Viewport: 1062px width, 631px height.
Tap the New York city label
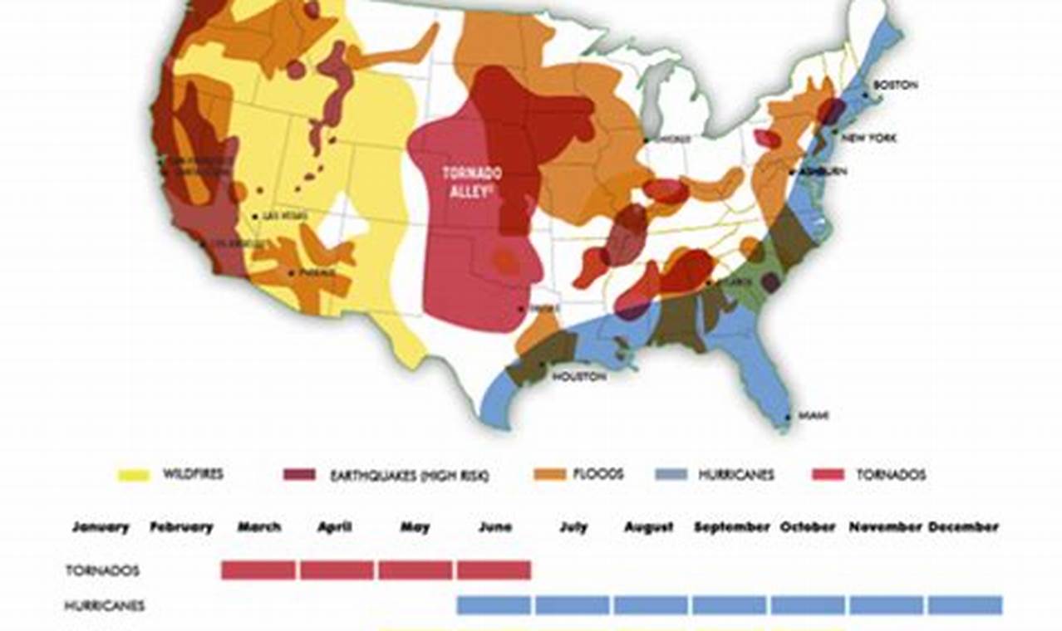coord(868,138)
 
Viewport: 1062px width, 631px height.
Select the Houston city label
coord(579,376)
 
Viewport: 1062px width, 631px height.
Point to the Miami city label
coord(813,415)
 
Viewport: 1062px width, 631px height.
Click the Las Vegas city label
coord(284,216)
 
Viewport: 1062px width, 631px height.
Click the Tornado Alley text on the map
coord(471,180)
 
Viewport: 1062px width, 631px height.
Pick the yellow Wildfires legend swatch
coord(133,475)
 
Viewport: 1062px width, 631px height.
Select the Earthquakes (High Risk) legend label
coord(409,476)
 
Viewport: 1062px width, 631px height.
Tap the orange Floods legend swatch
coord(549,475)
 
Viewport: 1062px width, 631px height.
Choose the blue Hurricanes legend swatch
coord(671,475)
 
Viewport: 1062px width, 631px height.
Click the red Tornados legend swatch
coord(827,475)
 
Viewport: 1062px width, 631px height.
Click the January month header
coord(101,527)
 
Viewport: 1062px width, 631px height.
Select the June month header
coord(495,527)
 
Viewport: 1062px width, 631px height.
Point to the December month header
coord(963,527)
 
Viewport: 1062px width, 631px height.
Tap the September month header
coord(732,527)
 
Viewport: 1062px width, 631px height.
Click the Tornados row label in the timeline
coord(102,570)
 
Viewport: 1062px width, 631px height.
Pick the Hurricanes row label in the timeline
coord(105,606)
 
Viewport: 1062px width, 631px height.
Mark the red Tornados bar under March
coord(258,570)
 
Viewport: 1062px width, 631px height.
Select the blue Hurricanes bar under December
coord(965,605)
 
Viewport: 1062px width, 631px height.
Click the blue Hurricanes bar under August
coord(651,605)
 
